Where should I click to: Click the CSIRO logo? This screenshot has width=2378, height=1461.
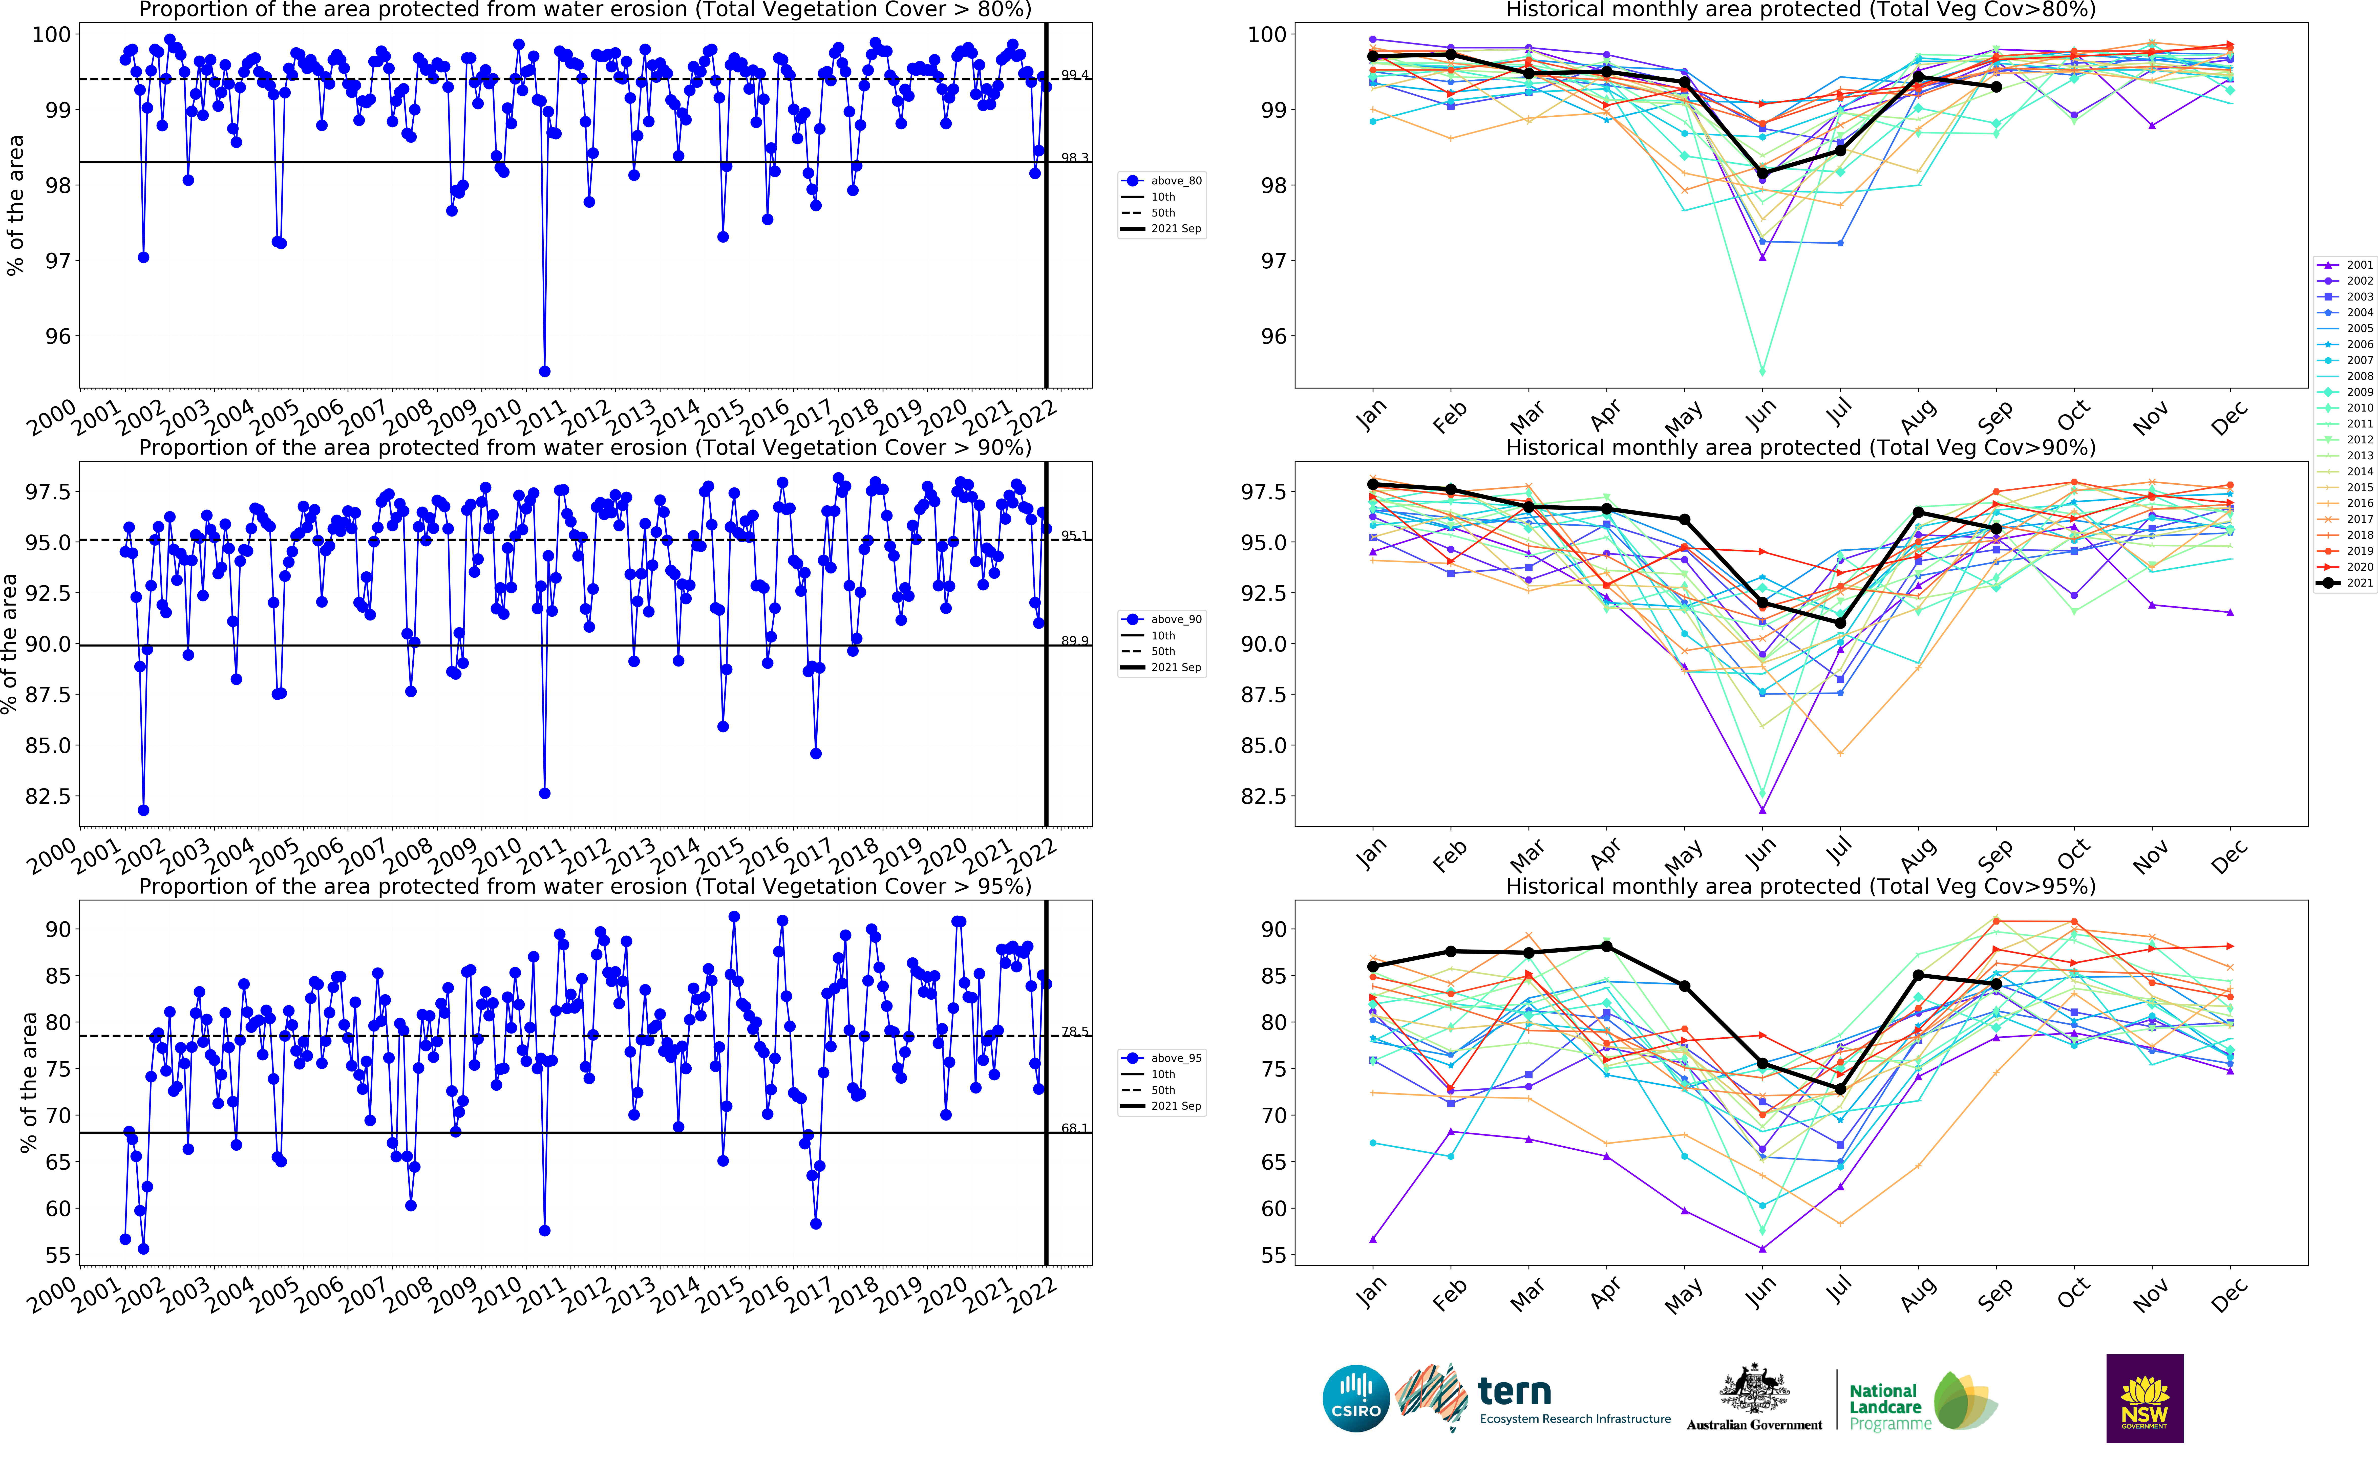(x=1356, y=1398)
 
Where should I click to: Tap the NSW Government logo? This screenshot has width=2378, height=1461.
(x=2144, y=1398)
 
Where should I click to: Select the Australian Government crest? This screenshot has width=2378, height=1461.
(x=1754, y=1391)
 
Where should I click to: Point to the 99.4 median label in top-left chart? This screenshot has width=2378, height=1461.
(x=1074, y=74)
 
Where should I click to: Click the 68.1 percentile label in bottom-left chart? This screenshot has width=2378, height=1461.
(x=1074, y=1128)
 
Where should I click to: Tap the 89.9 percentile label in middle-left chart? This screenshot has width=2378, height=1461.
(x=1074, y=641)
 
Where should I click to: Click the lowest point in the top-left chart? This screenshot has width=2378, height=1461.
(x=544, y=371)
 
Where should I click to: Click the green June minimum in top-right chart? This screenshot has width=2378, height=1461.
(x=1763, y=371)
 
